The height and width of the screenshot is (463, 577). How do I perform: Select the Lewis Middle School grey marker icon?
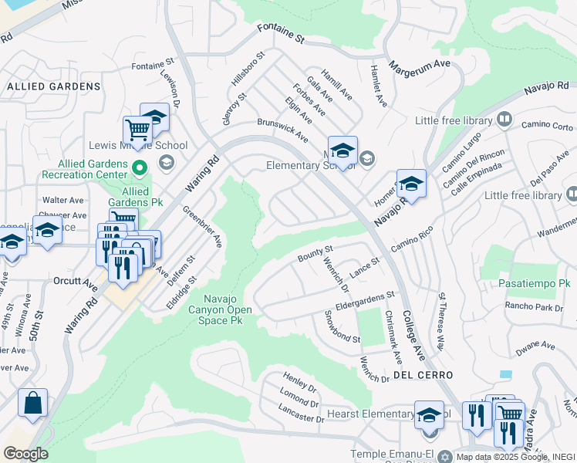pos(165,161)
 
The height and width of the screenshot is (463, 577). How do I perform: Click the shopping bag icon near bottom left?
pos(33,404)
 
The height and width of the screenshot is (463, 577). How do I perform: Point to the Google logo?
pos(25,454)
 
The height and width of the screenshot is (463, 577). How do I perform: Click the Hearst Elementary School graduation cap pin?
pos(429,415)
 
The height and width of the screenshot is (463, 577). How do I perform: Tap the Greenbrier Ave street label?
pos(202,226)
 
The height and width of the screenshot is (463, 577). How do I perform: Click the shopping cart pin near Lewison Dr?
pos(137,129)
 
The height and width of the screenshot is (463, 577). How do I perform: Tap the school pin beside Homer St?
pos(411,184)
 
